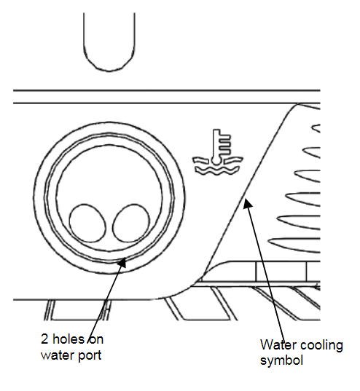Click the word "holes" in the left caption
coord(69,339)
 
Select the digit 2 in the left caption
coord(44,339)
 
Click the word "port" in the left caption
coord(90,356)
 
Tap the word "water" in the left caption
coord(58,355)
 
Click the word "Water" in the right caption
coord(277,345)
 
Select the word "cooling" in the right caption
coord(321,346)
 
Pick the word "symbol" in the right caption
coord(281,360)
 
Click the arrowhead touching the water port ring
coord(122,262)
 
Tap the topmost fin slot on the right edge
coord(316,128)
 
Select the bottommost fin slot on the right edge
coord(294,245)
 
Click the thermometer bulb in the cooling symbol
coord(216,161)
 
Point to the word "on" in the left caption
coord(96,339)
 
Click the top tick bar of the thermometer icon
coord(225,137)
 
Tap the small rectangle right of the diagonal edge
coord(281,272)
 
